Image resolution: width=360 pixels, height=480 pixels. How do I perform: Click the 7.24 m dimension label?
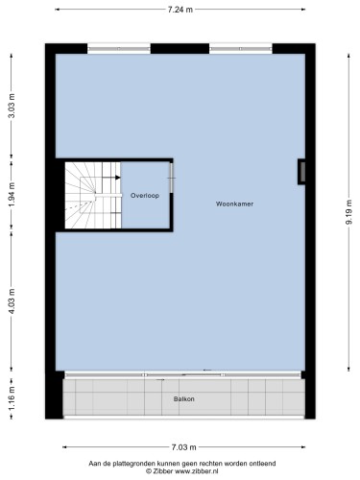[180, 10]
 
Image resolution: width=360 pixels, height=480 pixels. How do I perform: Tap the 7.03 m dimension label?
[183, 447]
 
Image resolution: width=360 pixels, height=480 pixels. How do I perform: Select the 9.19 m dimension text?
[348, 212]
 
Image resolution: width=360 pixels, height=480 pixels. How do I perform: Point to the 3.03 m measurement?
[12, 106]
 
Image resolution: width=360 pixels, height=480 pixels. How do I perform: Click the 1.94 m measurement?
[12, 195]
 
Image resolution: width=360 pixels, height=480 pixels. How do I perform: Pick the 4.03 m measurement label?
[12, 301]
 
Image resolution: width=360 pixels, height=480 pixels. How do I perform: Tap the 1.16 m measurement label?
[12, 398]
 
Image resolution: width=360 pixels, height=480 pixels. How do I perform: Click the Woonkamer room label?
[234, 204]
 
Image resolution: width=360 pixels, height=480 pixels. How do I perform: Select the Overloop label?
[145, 196]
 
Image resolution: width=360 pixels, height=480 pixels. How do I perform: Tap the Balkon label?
[184, 399]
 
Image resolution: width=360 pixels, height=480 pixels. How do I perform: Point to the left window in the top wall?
[119, 49]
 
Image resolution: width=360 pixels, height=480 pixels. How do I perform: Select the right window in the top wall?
[241, 49]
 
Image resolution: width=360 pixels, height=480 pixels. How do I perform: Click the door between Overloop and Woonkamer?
[172, 178]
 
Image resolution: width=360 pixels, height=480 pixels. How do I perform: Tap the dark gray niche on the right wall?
[301, 172]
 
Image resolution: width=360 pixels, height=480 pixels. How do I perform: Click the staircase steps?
[93, 195]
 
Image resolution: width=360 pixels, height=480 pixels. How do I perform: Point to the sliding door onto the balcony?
[183, 374]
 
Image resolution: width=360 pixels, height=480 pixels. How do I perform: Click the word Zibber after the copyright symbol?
[163, 471]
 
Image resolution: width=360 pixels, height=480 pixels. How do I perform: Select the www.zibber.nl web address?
[197, 471]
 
